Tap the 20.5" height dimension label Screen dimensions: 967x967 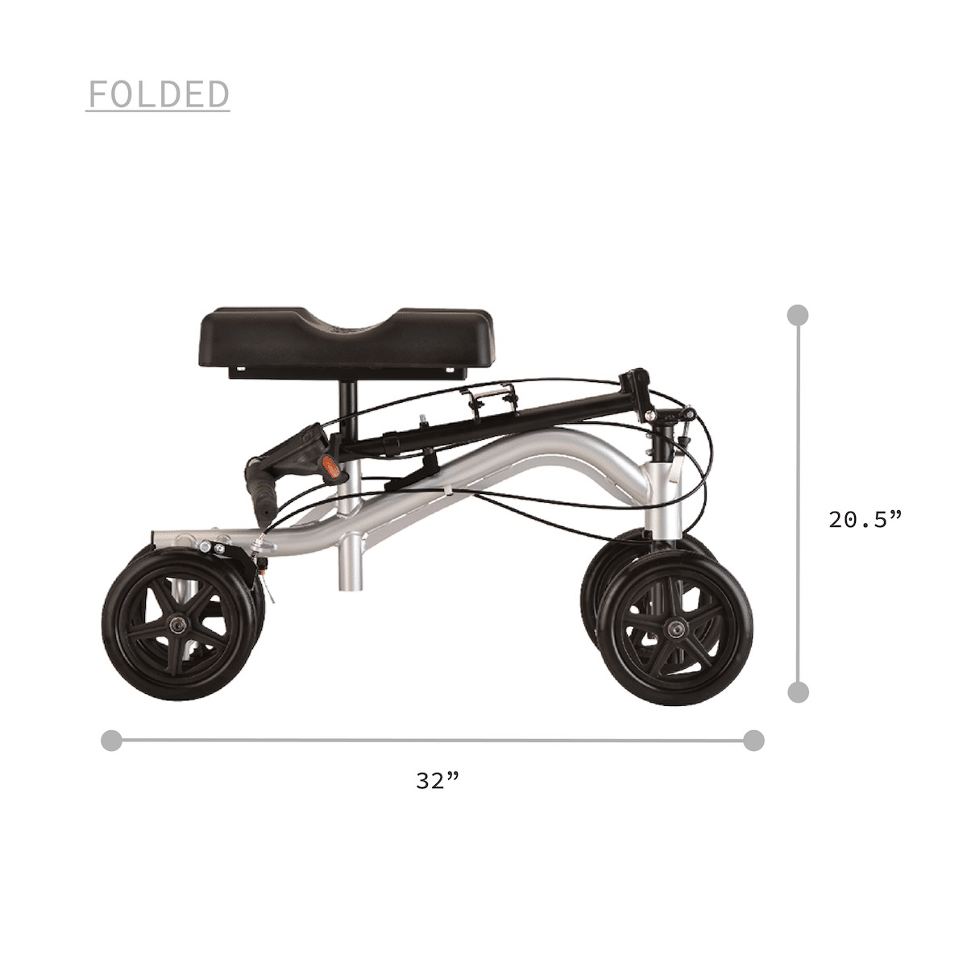click(865, 520)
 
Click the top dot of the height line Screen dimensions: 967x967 click(799, 315)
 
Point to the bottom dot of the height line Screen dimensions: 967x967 click(799, 692)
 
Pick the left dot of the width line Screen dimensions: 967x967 click(111, 741)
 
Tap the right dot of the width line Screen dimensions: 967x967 click(753, 741)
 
